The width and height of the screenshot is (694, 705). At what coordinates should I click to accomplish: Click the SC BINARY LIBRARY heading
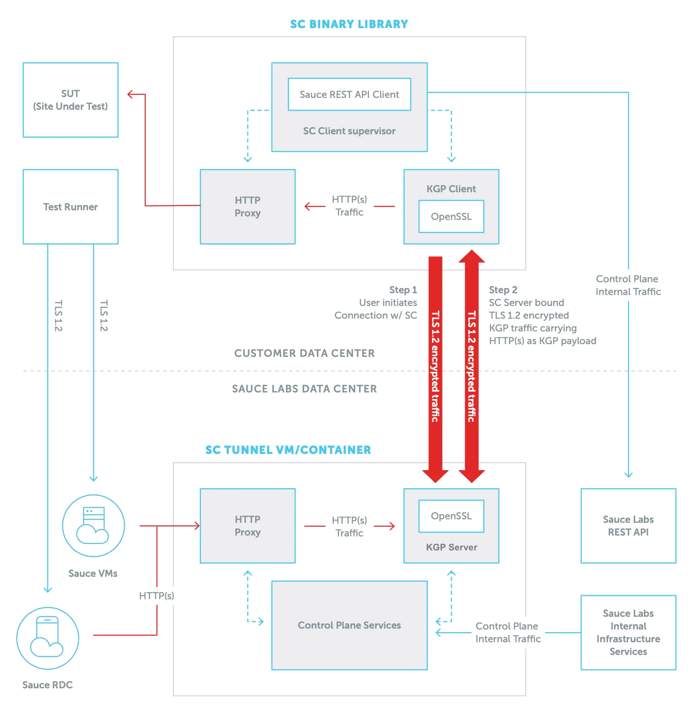pyautogui.click(x=349, y=24)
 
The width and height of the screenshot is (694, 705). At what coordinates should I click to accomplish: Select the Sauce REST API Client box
pyautogui.click(x=349, y=94)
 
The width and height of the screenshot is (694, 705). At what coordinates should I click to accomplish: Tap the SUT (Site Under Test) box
pyautogui.click(x=70, y=100)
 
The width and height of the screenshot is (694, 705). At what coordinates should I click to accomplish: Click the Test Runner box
pyautogui.click(x=70, y=207)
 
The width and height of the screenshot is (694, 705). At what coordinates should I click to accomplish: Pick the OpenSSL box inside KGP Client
pyautogui.click(x=451, y=216)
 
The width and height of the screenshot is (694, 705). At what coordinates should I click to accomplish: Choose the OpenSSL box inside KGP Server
pyautogui.click(x=451, y=516)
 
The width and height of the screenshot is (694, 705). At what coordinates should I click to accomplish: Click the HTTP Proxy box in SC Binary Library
pyautogui.click(x=247, y=207)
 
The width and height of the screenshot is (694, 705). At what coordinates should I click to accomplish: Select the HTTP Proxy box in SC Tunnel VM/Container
pyautogui.click(x=247, y=526)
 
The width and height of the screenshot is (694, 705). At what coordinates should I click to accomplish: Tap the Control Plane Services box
pyautogui.click(x=349, y=625)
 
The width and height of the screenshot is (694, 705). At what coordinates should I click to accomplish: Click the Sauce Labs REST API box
pyautogui.click(x=628, y=526)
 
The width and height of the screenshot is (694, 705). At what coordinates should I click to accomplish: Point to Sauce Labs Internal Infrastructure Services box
pyautogui.click(x=628, y=632)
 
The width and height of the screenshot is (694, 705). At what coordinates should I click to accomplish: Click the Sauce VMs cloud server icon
pyautogui.click(x=93, y=526)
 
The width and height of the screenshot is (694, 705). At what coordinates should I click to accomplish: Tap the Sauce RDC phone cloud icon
pyautogui.click(x=47, y=638)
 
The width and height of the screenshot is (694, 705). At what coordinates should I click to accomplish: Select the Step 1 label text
pyautogui.click(x=403, y=290)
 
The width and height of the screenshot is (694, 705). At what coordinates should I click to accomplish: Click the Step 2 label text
pyautogui.click(x=503, y=290)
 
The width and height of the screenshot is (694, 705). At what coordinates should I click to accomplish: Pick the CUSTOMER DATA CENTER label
pyautogui.click(x=304, y=353)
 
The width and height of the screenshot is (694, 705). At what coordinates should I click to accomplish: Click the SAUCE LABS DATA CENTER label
pyautogui.click(x=304, y=389)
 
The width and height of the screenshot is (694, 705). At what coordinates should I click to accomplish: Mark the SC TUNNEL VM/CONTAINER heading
pyautogui.click(x=288, y=450)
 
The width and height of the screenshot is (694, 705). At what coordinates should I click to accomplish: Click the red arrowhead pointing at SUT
pyautogui.click(x=130, y=94)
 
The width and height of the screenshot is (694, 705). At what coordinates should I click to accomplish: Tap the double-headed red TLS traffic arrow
pyautogui.click(x=471, y=367)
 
